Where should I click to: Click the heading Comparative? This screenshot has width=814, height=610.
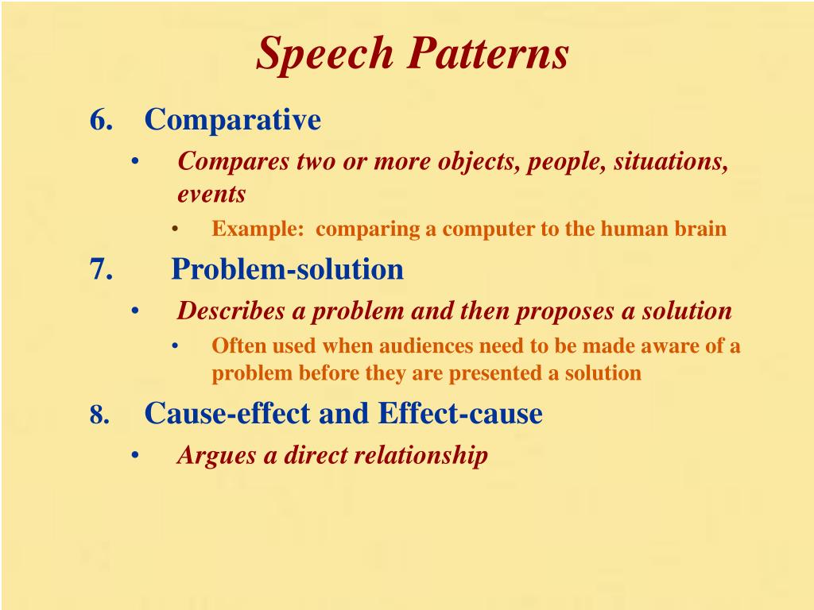[233, 120]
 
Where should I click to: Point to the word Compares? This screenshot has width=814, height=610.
[234, 161]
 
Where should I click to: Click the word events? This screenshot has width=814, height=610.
[211, 194]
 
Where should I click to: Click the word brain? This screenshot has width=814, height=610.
[703, 230]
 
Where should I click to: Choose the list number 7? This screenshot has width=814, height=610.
[100, 269]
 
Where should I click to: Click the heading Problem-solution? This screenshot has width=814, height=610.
[288, 269]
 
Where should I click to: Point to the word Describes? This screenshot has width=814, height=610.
[231, 311]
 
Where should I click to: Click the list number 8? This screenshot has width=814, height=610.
[99, 415]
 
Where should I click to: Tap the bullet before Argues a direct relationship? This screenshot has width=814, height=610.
[135, 456]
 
